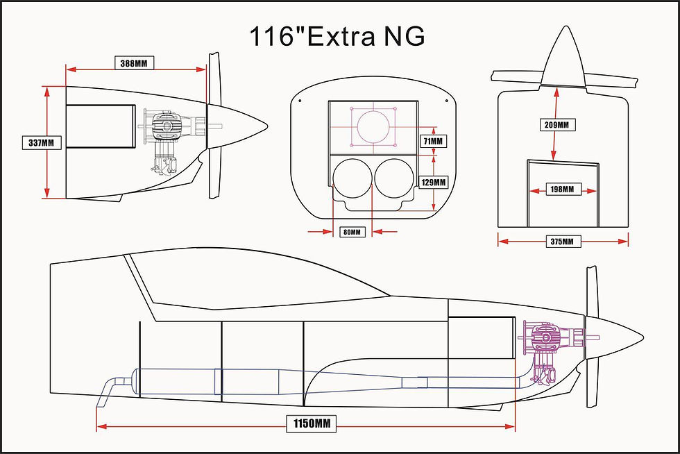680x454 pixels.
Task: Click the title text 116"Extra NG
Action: pos(337,36)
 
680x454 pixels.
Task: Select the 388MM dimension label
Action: pos(134,63)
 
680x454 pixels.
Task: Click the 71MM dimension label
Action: pos(434,141)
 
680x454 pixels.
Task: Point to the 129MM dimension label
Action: pos(434,182)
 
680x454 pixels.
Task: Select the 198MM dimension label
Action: pos(562,189)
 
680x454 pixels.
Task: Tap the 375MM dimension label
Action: pos(562,242)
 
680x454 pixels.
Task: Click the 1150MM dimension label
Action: pos(306,423)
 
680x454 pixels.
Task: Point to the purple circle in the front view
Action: pos(374,126)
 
